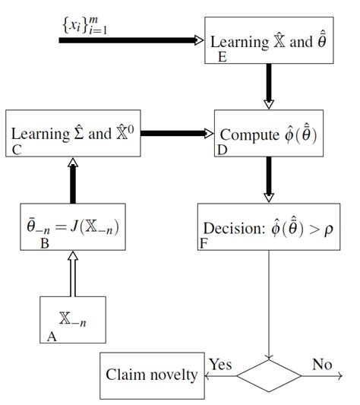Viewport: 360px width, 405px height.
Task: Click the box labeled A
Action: point(73,320)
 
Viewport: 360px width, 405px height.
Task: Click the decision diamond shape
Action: point(269,375)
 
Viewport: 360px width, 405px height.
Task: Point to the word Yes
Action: point(220,365)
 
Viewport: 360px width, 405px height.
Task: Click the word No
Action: point(322,365)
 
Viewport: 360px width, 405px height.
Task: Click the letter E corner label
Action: point(223,56)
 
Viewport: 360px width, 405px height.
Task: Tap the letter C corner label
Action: point(16,150)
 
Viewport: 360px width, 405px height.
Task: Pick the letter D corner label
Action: point(223,150)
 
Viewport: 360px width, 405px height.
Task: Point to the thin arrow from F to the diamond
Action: point(269,304)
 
